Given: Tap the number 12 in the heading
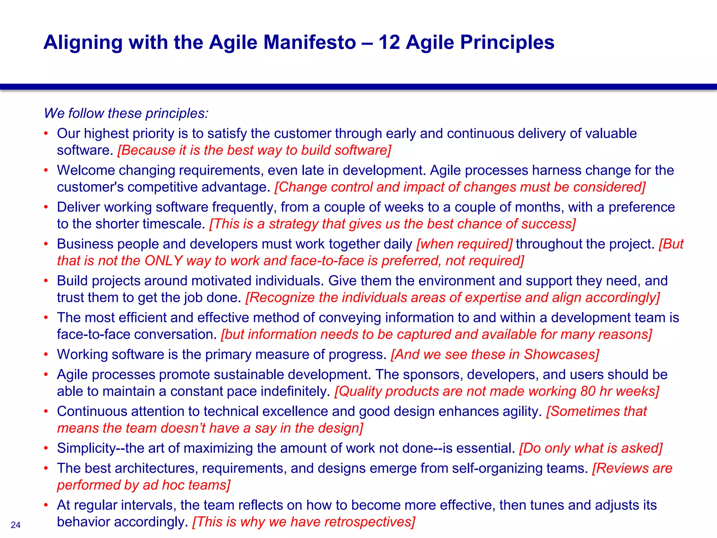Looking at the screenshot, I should point(389,42).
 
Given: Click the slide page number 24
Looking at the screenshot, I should point(16,525).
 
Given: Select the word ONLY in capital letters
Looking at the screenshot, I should point(163,261).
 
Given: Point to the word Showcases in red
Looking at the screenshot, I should point(562,354).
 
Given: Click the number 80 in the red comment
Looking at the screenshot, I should point(588,391).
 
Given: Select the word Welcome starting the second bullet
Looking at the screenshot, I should point(86,170).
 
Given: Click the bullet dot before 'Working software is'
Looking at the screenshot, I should point(46,354).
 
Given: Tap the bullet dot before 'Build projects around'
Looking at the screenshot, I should point(46,281).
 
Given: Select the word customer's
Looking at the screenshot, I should point(90,187).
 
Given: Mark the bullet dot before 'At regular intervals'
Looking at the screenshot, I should point(46,505).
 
